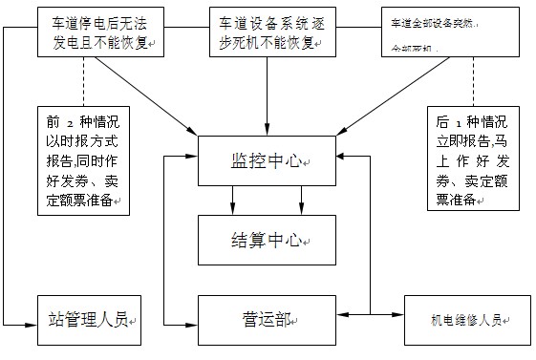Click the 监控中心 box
(267, 160)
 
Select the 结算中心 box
(267, 239)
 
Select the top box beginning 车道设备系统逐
(267, 32)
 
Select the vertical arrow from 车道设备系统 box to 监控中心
(267, 95)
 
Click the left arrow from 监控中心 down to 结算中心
(233, 199)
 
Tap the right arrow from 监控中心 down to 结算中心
(301, 199)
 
